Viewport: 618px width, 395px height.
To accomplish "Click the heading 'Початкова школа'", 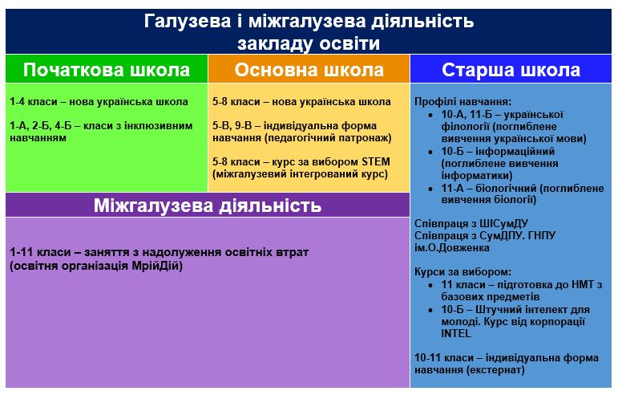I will point(107,70).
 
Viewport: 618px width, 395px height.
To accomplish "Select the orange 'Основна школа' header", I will point(309,70).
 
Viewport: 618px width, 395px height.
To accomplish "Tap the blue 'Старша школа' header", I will point(511,70).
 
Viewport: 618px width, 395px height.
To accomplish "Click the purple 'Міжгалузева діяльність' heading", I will point(208,206).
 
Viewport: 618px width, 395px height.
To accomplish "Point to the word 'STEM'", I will point(376,161).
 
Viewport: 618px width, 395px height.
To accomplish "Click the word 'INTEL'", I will point(457,333).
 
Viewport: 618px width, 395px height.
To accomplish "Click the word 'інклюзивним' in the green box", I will point(159,126).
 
